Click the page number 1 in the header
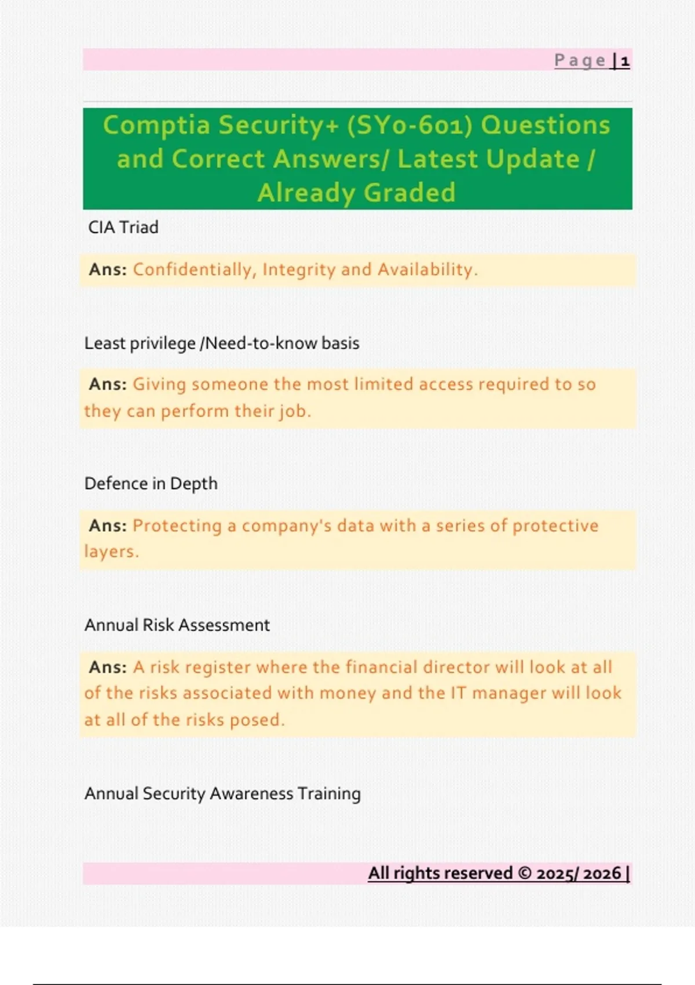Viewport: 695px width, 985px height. pos(625,61)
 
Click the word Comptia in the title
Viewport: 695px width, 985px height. pos(156,125)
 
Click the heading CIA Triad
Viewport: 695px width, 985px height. pos(123,227)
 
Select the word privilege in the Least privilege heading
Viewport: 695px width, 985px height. pos(163,344)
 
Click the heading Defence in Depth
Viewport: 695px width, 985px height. pos(151,484)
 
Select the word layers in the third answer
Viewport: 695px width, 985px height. pos(111,552)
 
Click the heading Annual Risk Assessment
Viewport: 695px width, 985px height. pos(177,625)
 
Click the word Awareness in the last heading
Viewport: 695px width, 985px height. pos(251,794)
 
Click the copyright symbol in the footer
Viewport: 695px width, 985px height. pos(525,873)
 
